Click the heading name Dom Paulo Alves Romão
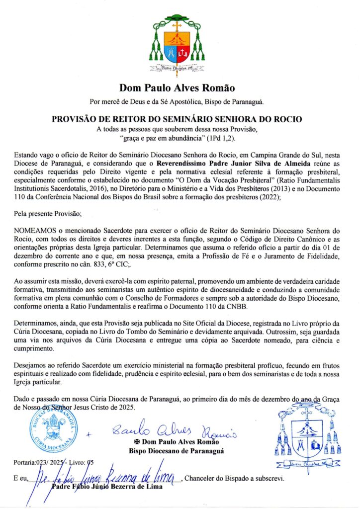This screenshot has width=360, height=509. [177, 88]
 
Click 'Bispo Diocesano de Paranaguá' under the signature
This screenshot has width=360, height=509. [176, 451]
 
